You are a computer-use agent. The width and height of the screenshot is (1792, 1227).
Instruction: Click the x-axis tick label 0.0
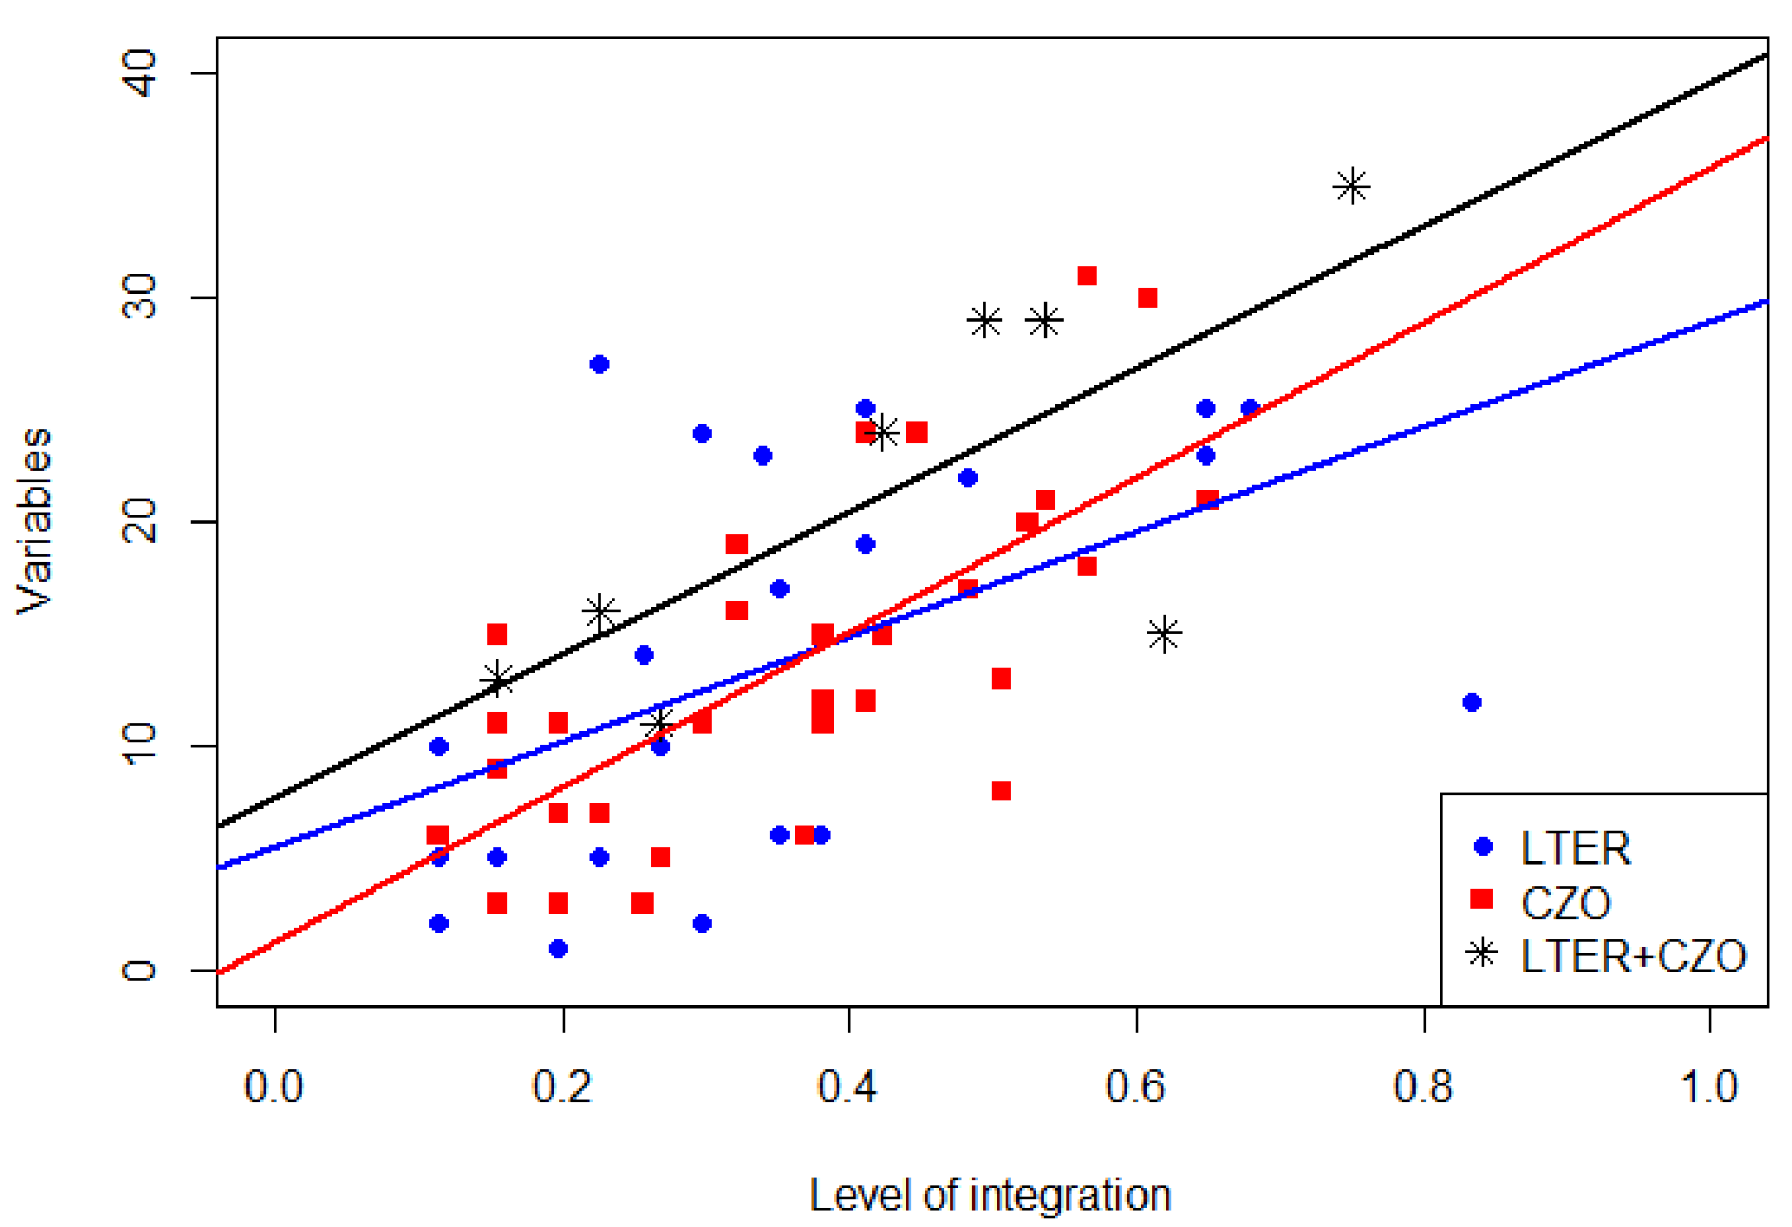coord(274,1087)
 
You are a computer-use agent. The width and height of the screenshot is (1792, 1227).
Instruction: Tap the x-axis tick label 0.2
coord(563,1087)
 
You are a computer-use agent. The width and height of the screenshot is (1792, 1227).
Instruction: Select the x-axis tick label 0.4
coord(848,1087)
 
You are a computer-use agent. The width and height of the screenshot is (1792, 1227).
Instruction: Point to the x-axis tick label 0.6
coord(1136,1087)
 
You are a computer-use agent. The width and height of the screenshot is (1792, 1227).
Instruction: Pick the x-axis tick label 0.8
coord(1424,1087)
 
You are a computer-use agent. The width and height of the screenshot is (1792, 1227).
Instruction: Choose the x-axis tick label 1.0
coord(1710,1087)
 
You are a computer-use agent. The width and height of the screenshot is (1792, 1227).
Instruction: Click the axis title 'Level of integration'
coord(990,1195)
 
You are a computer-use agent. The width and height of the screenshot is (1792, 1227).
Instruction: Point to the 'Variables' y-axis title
coord(36,521)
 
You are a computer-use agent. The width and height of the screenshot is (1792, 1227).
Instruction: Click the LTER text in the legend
coord(1575,848)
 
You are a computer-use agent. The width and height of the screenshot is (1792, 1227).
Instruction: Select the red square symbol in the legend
coord(1482,899)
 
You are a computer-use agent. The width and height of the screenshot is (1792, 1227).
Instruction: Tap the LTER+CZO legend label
coord(1633,956)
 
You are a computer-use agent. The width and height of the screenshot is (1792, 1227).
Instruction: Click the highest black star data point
coord(1352,186)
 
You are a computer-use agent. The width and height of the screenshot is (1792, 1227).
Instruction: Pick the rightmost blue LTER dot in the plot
coord(1471,702)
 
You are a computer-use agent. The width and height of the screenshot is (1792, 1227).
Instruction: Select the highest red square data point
coord(1087,276)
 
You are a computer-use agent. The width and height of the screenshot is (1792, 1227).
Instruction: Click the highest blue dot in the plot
coord(599,364)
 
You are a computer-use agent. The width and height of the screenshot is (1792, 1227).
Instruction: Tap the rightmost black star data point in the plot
coord(1352,186)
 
